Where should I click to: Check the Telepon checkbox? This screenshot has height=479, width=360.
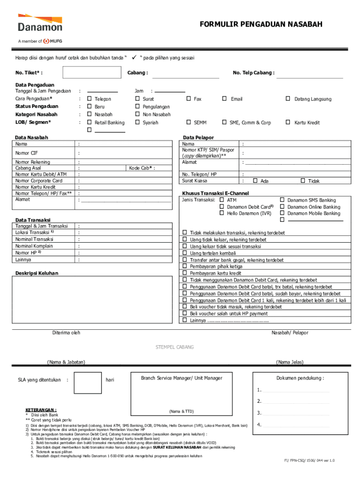click(89, 99)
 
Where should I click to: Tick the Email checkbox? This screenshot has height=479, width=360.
click(224, 99)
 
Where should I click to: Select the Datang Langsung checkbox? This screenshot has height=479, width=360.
click(288, 99)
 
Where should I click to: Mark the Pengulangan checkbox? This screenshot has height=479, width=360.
click(137, 107)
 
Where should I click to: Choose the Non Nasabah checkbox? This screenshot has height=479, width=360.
click(137, 114)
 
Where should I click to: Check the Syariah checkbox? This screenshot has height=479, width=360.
click(137, 122)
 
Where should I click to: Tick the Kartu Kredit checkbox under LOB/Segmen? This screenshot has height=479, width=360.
click(288, 122)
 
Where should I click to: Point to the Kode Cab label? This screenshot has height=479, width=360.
click(142, 168)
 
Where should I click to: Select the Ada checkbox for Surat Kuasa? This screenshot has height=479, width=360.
click(255, 181)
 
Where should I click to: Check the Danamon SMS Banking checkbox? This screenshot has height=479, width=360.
click(282, 200)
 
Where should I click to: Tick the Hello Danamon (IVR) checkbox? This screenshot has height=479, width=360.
click(222, 213)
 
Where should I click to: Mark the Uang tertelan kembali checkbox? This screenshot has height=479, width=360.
click(185, 253)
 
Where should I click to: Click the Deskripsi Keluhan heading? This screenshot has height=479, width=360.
click(37, 273)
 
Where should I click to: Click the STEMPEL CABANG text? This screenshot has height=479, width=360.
click(174, 347)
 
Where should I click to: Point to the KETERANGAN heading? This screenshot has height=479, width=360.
click(41, 409)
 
